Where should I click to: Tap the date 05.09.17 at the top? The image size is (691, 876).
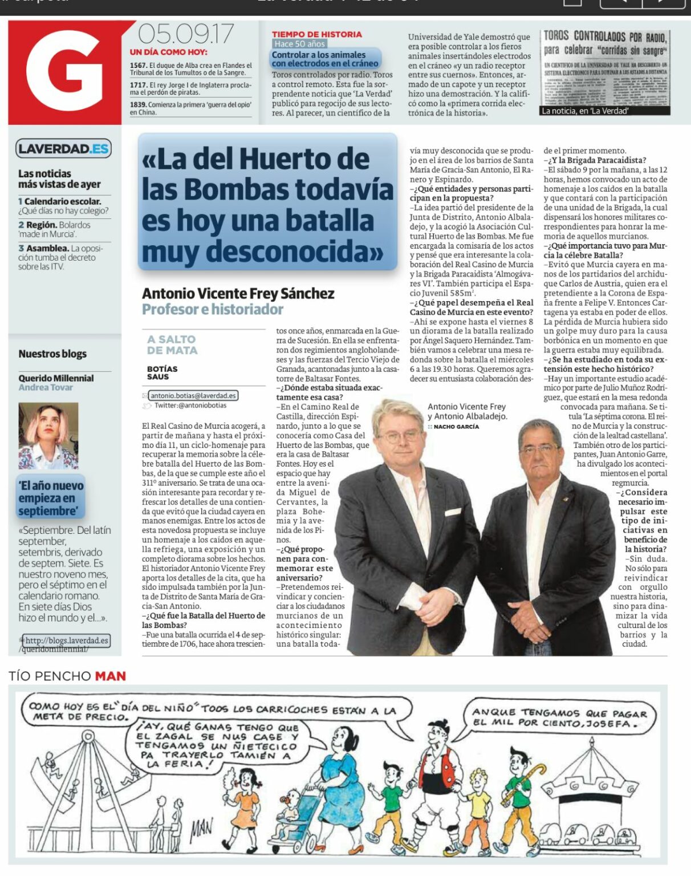tap(185, 34)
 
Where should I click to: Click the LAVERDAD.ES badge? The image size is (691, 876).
tap(63, 149)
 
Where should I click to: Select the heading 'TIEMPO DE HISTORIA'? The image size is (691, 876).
tap(316, 34)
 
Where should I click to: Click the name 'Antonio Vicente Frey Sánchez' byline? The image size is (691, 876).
tap(238, 294)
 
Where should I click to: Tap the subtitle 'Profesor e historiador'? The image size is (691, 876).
tap(213, 309)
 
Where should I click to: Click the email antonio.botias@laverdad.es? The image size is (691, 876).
tap(193, 395)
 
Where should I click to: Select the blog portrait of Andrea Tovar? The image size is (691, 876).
tap(48, 435)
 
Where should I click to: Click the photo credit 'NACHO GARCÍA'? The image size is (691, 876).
tap(456, 427)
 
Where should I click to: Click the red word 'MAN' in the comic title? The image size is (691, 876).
tap(110, 676)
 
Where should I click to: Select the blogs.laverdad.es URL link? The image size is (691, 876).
tap(65, 640)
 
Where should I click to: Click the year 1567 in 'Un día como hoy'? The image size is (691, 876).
tap(139, 66)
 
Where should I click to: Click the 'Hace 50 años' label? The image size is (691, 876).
tap(299, 44)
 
